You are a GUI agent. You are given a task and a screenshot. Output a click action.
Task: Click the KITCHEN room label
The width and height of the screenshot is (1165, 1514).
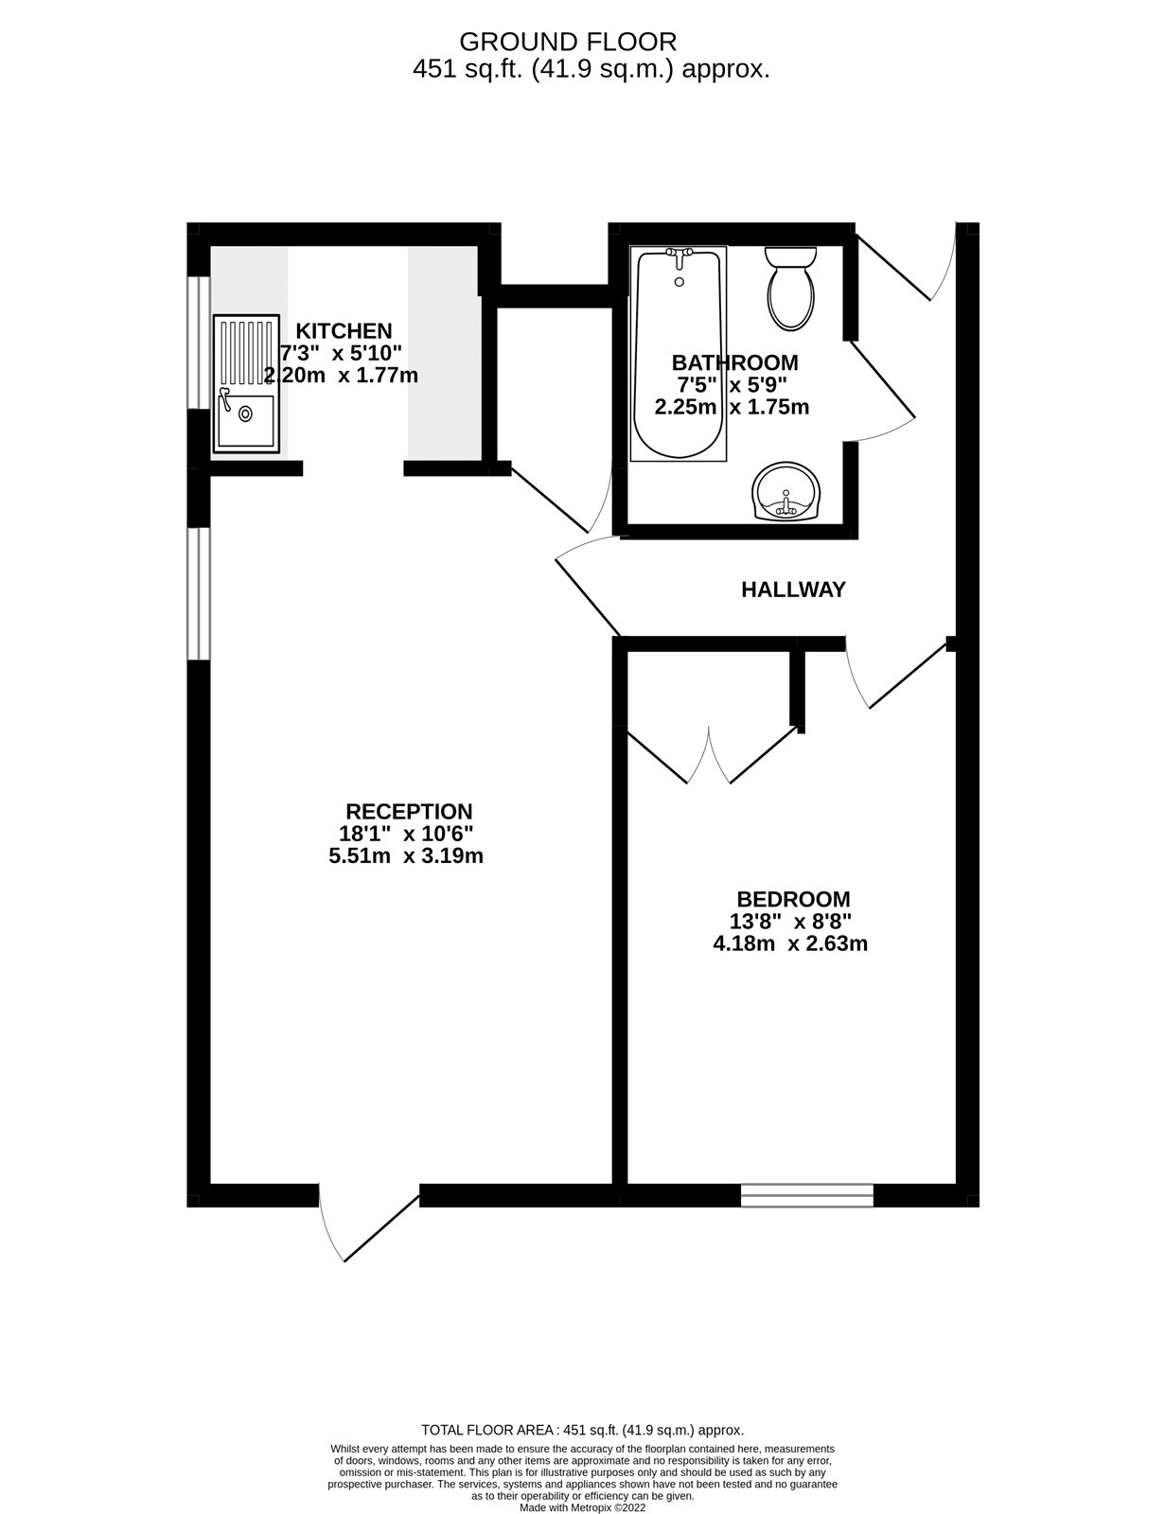click(x=344, y=331)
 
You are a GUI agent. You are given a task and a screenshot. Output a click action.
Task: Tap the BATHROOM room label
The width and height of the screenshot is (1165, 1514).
click(x=734, y=362)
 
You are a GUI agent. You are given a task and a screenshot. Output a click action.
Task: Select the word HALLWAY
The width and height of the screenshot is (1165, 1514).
click(x=793, y=590)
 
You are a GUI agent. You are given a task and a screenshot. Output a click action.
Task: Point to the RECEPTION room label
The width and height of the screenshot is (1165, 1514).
click(x=409, y=812)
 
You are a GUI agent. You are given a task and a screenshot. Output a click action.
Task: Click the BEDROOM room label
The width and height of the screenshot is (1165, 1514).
click(x=793, y=899)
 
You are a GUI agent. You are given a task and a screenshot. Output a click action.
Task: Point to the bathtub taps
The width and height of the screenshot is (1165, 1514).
click(x=679, y=254)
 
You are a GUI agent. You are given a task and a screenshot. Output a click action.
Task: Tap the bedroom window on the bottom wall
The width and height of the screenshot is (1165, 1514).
click(x=806, y=1195)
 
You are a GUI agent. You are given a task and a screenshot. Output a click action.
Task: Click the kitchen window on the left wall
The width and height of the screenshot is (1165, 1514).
click(x=198, y=343)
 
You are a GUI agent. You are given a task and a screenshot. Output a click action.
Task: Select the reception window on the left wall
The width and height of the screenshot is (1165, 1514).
click(x=198, y=593)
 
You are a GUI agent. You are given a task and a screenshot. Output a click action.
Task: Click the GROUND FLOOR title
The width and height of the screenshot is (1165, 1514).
click(x=568, y=42)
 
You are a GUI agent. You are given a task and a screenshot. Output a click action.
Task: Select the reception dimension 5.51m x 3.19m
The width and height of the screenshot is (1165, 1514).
click(x=405, y=856)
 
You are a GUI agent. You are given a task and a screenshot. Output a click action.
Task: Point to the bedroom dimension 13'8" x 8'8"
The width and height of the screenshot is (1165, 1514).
click(x=790, y=922)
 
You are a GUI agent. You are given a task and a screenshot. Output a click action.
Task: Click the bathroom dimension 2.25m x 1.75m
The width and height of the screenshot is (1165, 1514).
click(x=732, y=408)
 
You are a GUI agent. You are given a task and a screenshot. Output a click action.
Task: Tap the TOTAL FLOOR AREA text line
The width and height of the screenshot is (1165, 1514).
click(x=582, y=1431)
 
